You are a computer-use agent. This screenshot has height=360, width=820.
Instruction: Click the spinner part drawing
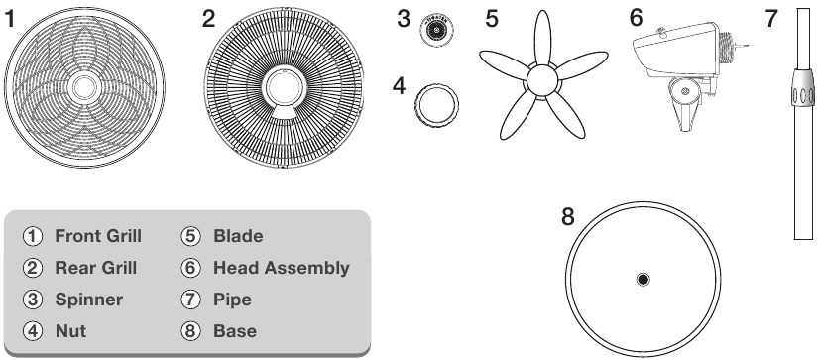432,31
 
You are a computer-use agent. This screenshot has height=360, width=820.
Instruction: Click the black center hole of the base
644,280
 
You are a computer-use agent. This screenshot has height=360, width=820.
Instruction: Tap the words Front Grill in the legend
98,236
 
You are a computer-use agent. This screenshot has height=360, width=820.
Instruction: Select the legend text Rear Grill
95,268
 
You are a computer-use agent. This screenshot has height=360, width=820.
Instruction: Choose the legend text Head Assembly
281,268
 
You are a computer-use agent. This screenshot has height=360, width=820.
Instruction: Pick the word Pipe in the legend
231,300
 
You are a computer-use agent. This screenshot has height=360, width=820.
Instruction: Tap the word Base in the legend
234,331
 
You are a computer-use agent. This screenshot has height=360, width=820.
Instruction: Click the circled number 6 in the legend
192,268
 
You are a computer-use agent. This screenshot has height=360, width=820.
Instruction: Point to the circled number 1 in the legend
33,236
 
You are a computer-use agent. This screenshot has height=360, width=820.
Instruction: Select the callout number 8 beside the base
567,216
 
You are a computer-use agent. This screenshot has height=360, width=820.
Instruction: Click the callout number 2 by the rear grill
208,20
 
